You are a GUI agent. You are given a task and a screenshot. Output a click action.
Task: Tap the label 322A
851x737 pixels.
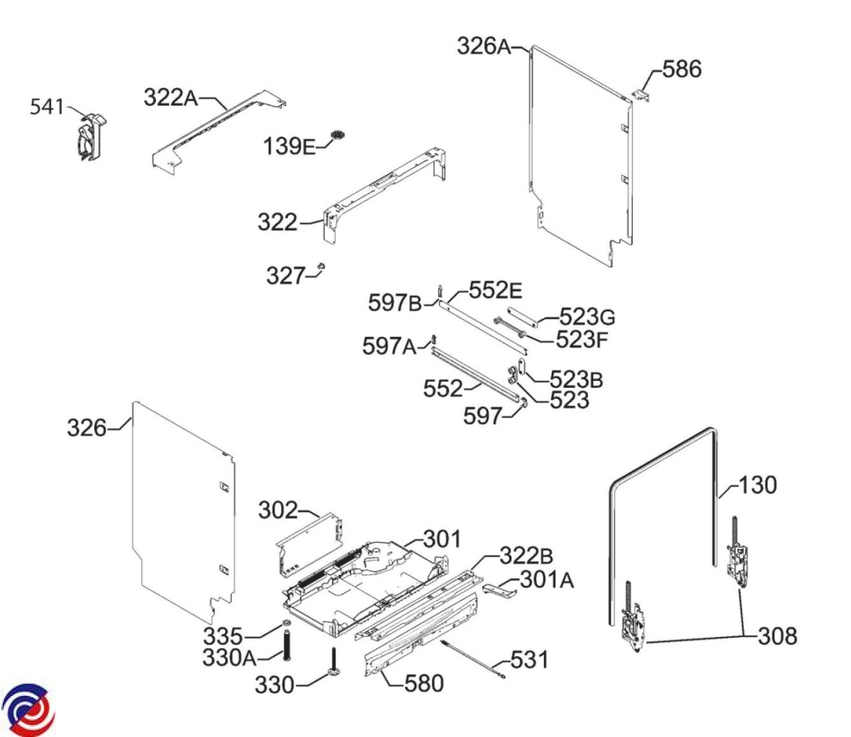point(171,97)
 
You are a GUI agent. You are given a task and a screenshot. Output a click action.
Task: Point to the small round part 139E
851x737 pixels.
point(338,135)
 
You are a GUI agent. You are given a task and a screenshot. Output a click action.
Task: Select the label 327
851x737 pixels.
point(286,275)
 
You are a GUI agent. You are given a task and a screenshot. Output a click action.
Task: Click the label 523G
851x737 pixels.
point(588,316)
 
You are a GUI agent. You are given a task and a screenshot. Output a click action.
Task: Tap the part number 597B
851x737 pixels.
point(394,303)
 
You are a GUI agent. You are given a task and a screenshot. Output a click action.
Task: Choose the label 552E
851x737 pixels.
point(496,290)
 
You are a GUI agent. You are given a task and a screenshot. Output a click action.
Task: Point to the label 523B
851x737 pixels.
point(577,379)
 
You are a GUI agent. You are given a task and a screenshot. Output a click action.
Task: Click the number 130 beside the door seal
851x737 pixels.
point(757,486)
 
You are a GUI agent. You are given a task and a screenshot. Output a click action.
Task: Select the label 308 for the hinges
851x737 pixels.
point(777,636)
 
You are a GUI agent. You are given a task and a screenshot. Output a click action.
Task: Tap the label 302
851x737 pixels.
point(278,510)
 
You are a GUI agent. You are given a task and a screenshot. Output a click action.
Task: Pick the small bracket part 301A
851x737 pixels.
point(499,588)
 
